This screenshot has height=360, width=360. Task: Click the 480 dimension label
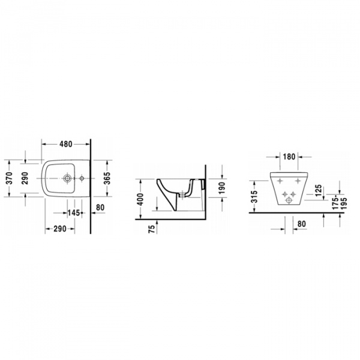[x=66, y=144]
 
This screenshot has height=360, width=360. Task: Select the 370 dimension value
[x=10, y=178]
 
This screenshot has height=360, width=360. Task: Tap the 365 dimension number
[x=107, y=178]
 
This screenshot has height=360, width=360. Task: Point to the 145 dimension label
[x=73, y=213]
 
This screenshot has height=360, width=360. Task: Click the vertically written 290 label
[x=25, y=178]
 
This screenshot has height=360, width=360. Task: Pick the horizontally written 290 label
[x=60, y=229]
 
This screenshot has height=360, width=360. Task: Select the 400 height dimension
[x=140, y=199]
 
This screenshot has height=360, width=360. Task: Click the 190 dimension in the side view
[x=222, y=188]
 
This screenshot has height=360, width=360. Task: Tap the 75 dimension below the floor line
[x=152, y=229]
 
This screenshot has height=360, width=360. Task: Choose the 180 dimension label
[x=289, y=157]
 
